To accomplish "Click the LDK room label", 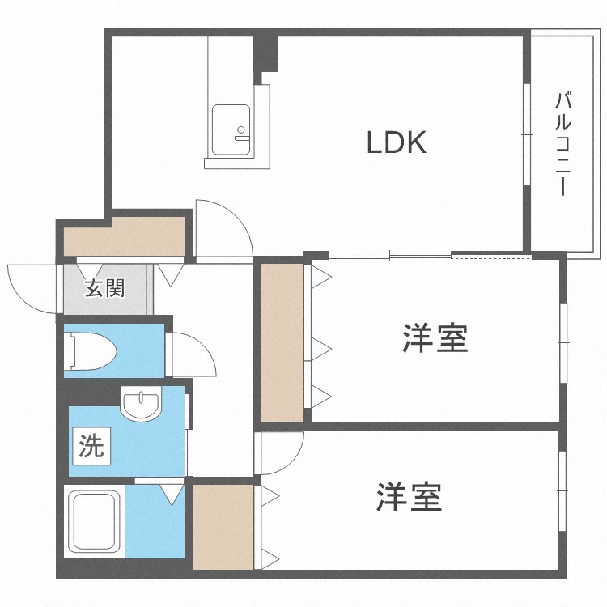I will [x=397, y=144].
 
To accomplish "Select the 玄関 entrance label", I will [x=105, y=287].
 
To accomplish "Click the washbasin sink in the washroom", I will [x=142, y=404].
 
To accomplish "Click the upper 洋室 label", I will [x=435, y=338].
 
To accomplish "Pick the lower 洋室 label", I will [x=409, y=497].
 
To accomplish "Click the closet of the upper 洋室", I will [x=282, y=340].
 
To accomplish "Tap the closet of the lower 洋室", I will [x=223, y=525].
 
